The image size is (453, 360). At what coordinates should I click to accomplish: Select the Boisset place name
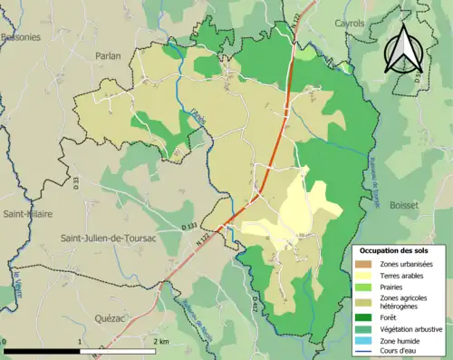pyautogui.click(x=404, y=206)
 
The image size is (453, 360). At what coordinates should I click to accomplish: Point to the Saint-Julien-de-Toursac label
pyautogui.click(x=108, y=238)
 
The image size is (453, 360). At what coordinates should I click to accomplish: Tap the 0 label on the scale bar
pyautogui.click(x=5, y=341)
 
